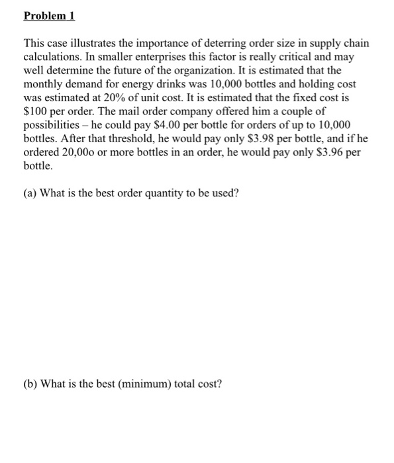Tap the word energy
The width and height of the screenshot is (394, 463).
(x=134, y=85)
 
